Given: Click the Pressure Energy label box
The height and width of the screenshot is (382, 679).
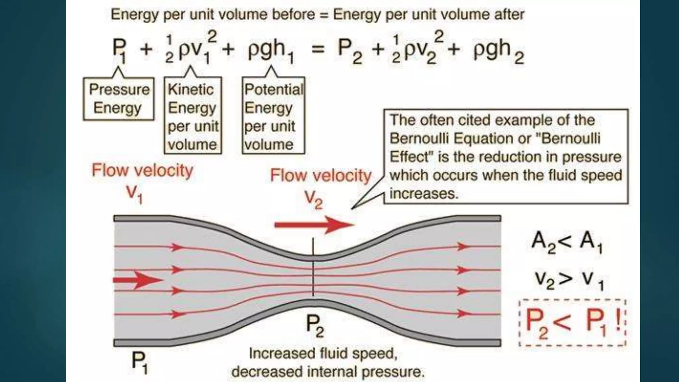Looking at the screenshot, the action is [119, 98].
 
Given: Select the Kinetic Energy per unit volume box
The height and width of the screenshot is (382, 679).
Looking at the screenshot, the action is [193, 116].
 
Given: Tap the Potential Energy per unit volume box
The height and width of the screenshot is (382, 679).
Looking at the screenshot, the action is [273, 116].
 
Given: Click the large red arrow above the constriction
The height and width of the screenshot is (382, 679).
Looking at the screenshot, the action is [313, 225].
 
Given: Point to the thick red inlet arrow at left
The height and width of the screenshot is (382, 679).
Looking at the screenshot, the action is [137, 280].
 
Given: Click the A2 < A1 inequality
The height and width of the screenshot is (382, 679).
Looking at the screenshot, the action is [567, 242].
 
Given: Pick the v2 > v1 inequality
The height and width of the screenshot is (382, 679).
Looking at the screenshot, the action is [568, 280].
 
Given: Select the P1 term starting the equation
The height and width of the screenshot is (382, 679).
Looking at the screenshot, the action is [119, 51].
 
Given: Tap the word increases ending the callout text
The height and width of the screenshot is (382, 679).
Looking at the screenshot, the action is [424, 193].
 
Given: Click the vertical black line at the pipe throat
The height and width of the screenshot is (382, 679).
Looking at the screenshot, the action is [313, 267].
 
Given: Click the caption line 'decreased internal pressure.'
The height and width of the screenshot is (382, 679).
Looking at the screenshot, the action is [328, 372].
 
